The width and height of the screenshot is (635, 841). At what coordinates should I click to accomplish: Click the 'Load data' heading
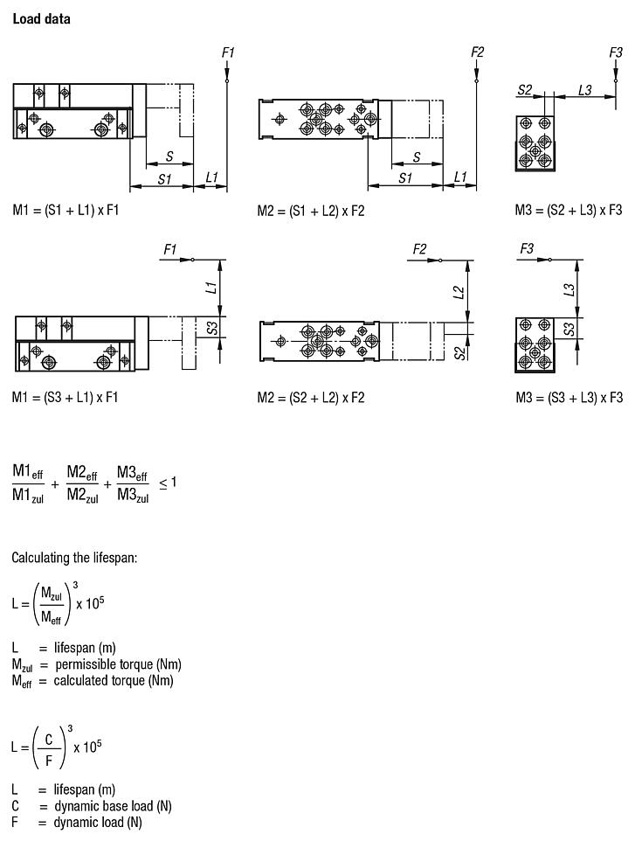[x=41, y=18]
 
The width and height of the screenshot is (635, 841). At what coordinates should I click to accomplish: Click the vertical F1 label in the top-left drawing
[x=228, y=53]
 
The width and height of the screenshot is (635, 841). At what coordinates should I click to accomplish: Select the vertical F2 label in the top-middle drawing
[x=477, y=52]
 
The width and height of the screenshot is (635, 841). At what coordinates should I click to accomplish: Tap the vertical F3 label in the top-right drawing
[x=616, y=52]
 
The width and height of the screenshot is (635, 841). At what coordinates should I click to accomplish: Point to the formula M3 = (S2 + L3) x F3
[x=569, y=211]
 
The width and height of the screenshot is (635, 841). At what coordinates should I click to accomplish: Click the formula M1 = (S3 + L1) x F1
[x=65, y=398]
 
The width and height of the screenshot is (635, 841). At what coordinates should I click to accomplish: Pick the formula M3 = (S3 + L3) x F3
[x=569, y=398]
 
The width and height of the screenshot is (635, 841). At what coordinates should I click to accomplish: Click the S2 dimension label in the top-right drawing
[x=526, y=90]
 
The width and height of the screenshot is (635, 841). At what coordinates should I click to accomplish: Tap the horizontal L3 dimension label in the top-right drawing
[x=585, y=90]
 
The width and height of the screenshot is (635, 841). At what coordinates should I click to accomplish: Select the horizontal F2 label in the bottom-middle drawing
[x=419, y=250]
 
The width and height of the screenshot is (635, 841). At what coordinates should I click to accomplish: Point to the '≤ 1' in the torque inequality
[x=167, y=483]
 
